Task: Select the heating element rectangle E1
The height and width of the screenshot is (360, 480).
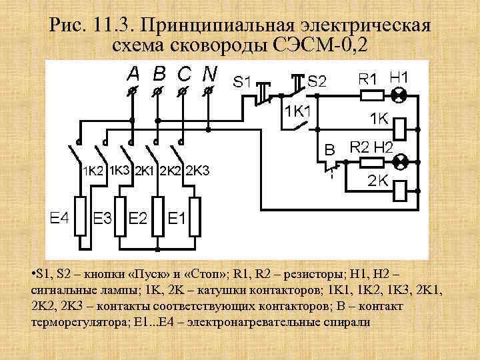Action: pyautogui.click(x=195, y=216)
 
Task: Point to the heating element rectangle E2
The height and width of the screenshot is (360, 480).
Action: pyautogui.click(x=157, y=216)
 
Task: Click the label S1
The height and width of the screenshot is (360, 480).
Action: pyautogui.click(x=242, y=83)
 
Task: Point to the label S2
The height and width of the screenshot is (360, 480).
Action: pyautogui.click(x=317, y=81)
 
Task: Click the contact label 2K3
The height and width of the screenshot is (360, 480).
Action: pyautogui.click(x=197, y=171)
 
